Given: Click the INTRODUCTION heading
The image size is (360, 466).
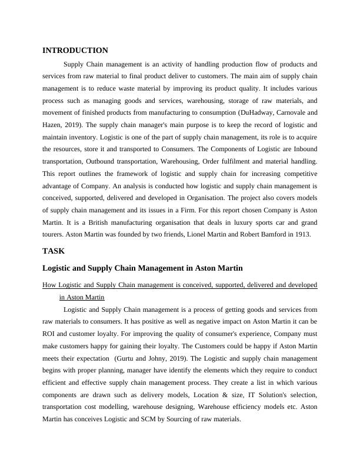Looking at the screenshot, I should (75, 51).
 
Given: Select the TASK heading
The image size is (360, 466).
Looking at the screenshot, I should (54, 251).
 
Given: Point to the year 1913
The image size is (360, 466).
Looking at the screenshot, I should (307, 235).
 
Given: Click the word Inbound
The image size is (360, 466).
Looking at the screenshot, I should (304, 149).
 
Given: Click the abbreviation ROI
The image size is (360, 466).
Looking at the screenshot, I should (50, 333).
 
